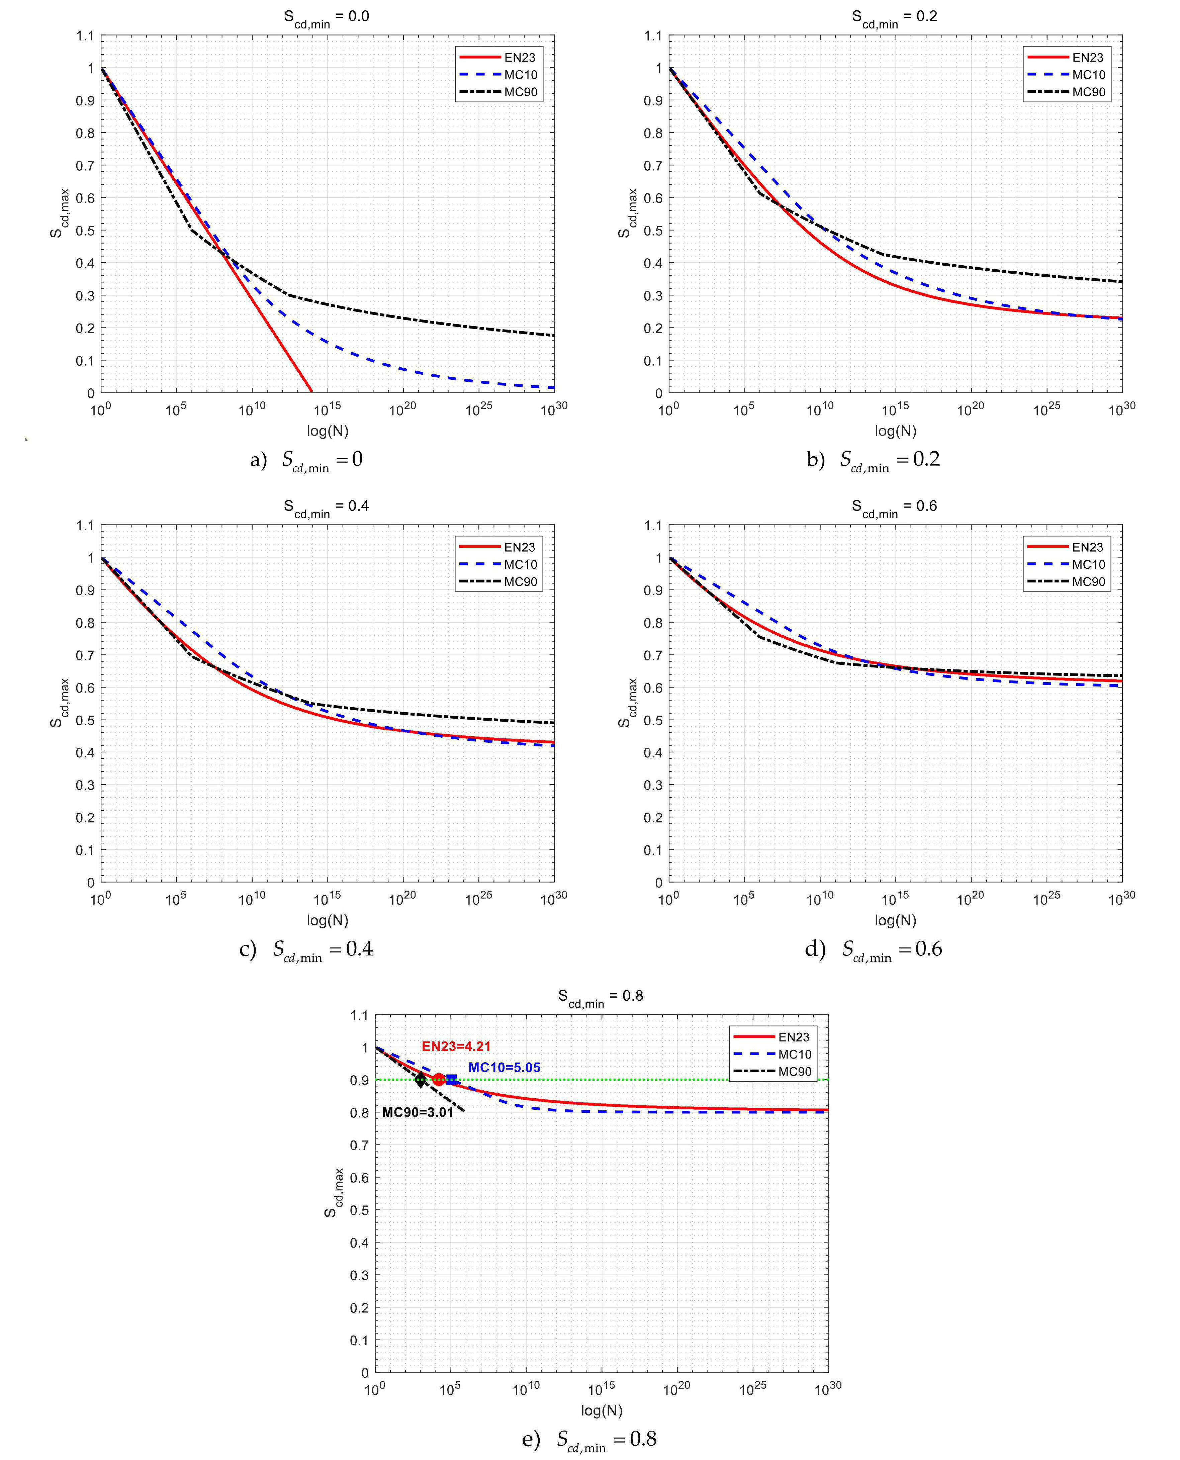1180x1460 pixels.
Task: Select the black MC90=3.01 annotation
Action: click(417, 1113)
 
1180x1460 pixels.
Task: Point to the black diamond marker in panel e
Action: click(421, 1080)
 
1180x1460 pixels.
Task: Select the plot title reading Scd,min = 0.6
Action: click(895, 507)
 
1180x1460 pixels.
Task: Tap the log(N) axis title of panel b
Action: click(895, 431)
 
